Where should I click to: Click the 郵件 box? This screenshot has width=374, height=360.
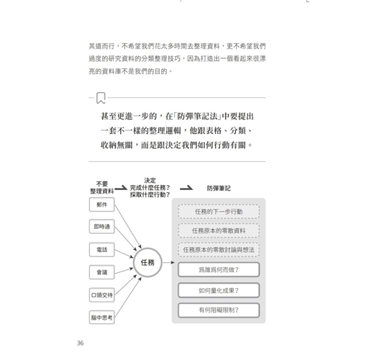tap(102, 204)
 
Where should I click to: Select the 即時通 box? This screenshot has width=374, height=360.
tap(102, 226)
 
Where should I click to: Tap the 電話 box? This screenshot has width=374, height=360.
tap(102, 250)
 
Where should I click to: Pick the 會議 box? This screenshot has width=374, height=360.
tap(102, 272)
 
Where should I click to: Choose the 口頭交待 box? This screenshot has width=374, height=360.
tap(102, 295)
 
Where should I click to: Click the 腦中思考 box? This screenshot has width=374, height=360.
tap(102, 318)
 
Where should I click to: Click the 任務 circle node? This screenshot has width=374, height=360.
tap(147, 263)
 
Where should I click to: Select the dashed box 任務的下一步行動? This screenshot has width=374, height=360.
tap(219, 212)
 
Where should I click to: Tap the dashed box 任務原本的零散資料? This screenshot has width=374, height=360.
tap(219, 230)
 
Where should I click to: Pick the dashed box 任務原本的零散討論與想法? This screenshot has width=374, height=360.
tap(219, 250)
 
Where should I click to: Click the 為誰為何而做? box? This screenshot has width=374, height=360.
tap(219, 270)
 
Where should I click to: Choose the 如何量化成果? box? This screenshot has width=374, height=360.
tap(219, 290)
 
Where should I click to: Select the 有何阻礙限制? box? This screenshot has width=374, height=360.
tap(219, 310)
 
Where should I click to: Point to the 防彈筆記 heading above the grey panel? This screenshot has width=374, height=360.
tap(219, 189)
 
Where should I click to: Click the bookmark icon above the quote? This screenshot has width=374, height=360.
tap(101, 98)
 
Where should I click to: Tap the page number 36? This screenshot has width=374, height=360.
tap(81, 343)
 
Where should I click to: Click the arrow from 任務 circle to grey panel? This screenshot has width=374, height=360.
tap(169, 263)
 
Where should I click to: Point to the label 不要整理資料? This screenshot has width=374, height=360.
tap(102, 187)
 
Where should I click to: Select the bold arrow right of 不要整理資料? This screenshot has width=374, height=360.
tap(121, 188)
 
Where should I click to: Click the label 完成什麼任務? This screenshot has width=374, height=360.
tap(150, 188)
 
